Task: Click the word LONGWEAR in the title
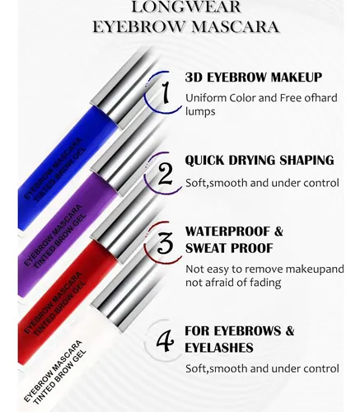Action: pos(186,7)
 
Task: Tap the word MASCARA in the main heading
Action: pos(235,27)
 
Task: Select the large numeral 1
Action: pos(165,93)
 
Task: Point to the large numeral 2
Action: pos(165,174)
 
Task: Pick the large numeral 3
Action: pos(166,242)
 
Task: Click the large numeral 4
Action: pos(165,341)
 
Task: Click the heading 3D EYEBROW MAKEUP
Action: pos(253,77)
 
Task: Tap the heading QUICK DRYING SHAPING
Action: pos(259,161)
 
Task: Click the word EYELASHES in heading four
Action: pos(219,348)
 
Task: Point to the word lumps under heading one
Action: pos(200,112)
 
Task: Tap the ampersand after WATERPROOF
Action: pos(278,232)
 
